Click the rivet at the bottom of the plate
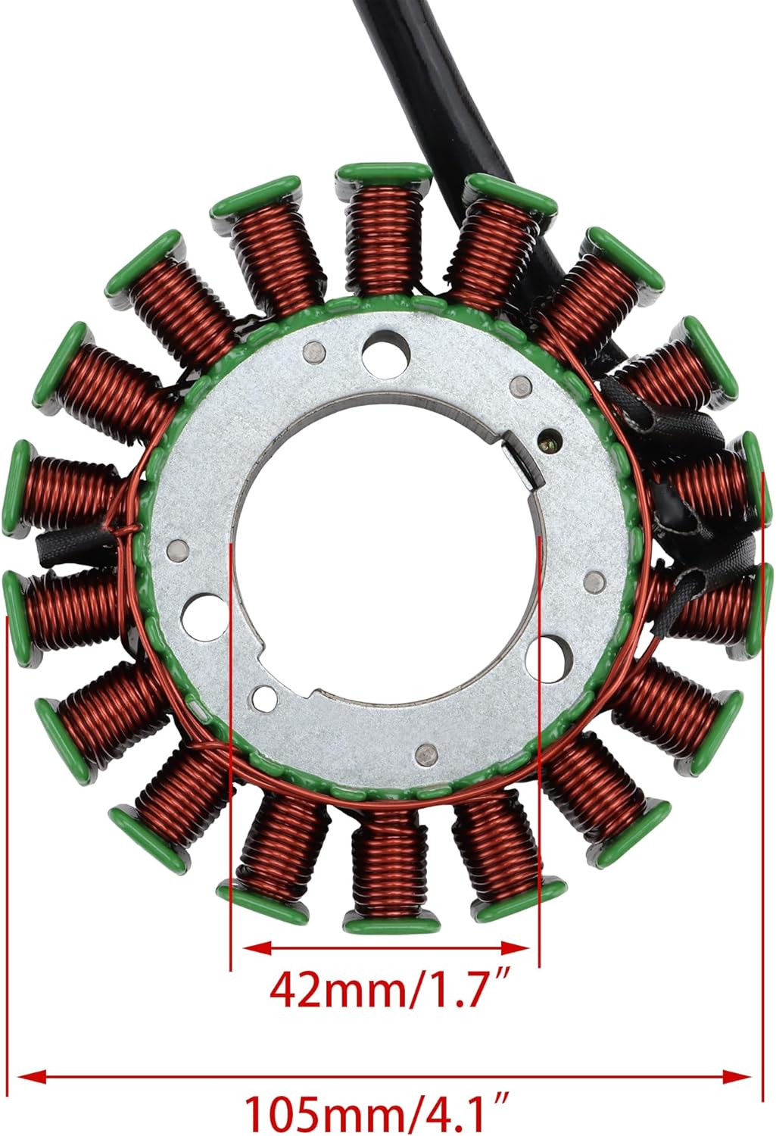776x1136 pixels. tap(426, 754)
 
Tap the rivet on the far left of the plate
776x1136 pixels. tap(176, 549)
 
